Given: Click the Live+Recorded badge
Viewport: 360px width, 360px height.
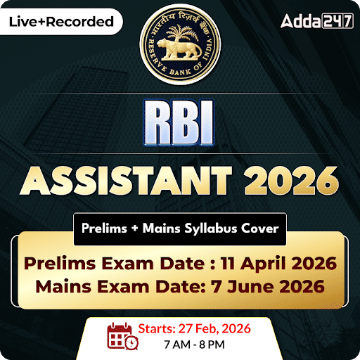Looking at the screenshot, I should click(60, 21).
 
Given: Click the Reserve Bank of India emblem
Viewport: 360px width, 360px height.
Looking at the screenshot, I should click(179, 44).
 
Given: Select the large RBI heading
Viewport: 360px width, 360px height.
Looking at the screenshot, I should click(180, 122).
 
